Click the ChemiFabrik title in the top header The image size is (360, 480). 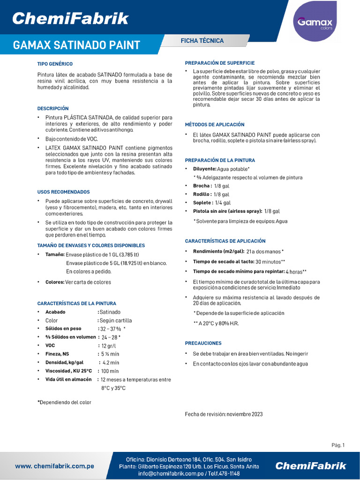(70, 19)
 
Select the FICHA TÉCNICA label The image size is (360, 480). (202, 41)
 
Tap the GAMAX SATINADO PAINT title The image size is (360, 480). (76, 45)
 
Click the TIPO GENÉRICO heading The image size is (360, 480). (55, 64)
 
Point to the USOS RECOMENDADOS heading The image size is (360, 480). (63, 192)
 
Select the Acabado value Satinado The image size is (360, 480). (110, 312)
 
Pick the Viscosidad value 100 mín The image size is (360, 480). (110, 371)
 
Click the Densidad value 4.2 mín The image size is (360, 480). (111, 362)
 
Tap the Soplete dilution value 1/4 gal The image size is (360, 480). (223, 202)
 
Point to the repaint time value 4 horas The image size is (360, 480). (296, 271)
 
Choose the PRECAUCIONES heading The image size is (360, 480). (203, 343)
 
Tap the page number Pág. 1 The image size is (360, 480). (338, 445)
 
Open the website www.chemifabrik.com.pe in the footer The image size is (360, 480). (55, 466)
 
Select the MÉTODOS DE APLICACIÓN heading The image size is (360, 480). (215, 125)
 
